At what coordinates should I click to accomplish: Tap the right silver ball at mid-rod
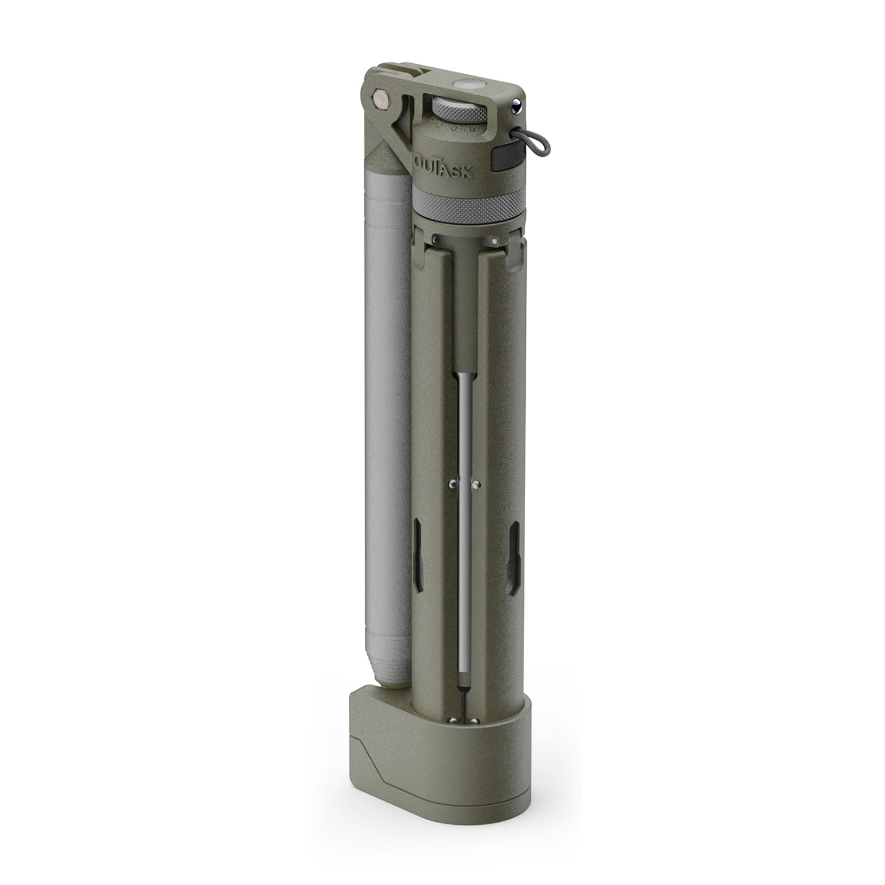[x=476, y=485]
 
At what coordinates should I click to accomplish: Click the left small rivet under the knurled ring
[x=435, y=238]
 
